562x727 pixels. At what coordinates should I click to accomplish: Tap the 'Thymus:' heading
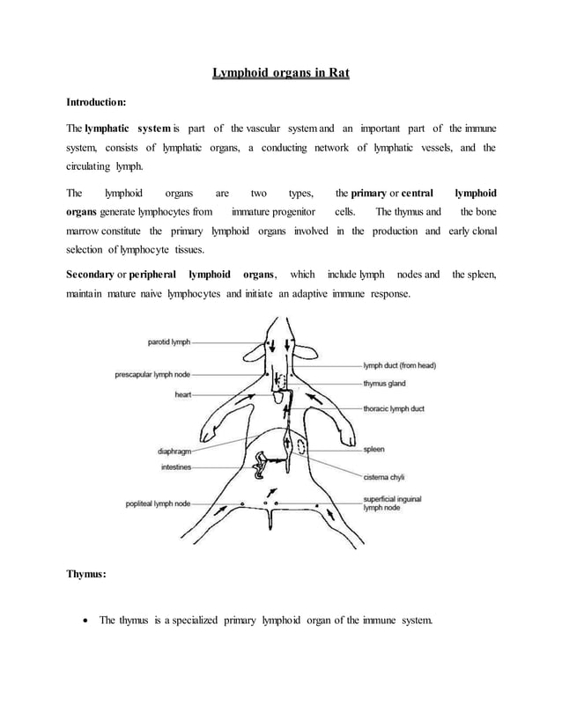click(86, 574)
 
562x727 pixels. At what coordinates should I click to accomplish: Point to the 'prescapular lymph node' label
click(152, 374)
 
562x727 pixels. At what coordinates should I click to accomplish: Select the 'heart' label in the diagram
click(182, 395)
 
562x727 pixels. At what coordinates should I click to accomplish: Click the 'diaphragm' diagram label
click(176, 452)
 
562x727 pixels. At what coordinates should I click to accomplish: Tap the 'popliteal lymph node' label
click(158, 503)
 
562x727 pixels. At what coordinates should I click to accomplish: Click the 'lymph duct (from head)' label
click(399, 365)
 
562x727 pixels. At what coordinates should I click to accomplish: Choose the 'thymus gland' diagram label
click(384, 384)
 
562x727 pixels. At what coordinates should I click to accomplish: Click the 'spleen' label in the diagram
click(373, 449)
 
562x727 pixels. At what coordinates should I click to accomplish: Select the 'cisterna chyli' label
click(384, 477)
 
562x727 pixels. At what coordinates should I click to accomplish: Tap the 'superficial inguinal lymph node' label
click(392, 503)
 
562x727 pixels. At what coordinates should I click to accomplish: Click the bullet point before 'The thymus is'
click(85, 621)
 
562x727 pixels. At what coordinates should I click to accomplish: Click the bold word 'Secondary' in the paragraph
click(90, 275)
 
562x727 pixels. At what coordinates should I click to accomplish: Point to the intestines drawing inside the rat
click(261, 466)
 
